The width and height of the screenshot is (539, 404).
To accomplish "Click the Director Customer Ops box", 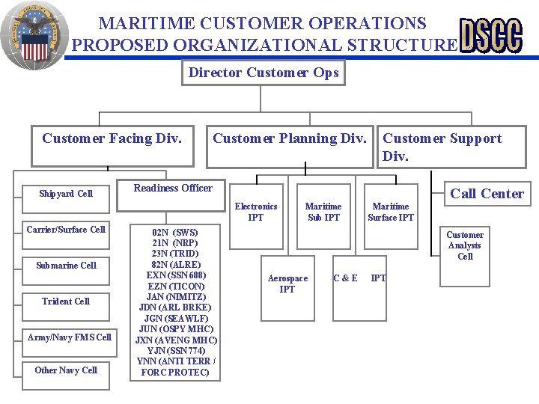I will (264, 73).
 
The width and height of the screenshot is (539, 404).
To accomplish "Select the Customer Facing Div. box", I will (112, 146).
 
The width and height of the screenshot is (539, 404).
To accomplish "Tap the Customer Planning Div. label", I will (290, 138).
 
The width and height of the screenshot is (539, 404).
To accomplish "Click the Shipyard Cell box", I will (66, 194).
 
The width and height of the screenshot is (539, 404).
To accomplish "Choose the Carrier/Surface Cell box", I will (66, 230).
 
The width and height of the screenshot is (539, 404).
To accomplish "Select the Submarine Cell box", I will (66, 266).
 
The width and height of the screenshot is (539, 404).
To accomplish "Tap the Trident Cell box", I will (66, 302).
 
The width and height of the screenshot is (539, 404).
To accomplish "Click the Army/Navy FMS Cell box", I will (69, 337).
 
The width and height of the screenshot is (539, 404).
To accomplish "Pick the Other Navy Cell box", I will (66, 370).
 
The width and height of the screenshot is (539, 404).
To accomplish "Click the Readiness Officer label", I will (173, 189).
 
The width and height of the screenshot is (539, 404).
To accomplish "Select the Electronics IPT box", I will (256, 212).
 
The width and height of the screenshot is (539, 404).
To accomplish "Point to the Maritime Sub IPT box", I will (323, 212).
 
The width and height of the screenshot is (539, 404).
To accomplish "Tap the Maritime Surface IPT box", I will (391, 212).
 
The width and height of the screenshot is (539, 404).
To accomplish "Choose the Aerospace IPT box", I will (287, 284).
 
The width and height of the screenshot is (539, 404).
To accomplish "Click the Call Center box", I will (486, 193).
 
